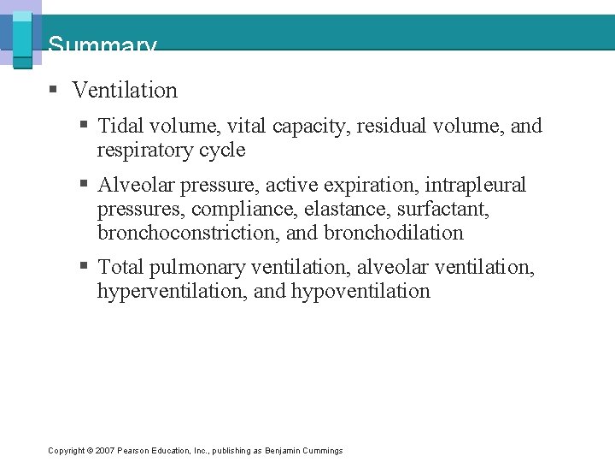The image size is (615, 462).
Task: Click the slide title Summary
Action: [x=102, y=44]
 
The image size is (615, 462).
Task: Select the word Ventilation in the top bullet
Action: [x=125, y=90]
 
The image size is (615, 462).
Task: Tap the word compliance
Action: [x=243, y=209]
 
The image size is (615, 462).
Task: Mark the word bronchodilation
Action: [x=394, y=233]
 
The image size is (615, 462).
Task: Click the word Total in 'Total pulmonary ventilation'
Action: [x=121, y=268]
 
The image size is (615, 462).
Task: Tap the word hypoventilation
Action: [x=360, y=292]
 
